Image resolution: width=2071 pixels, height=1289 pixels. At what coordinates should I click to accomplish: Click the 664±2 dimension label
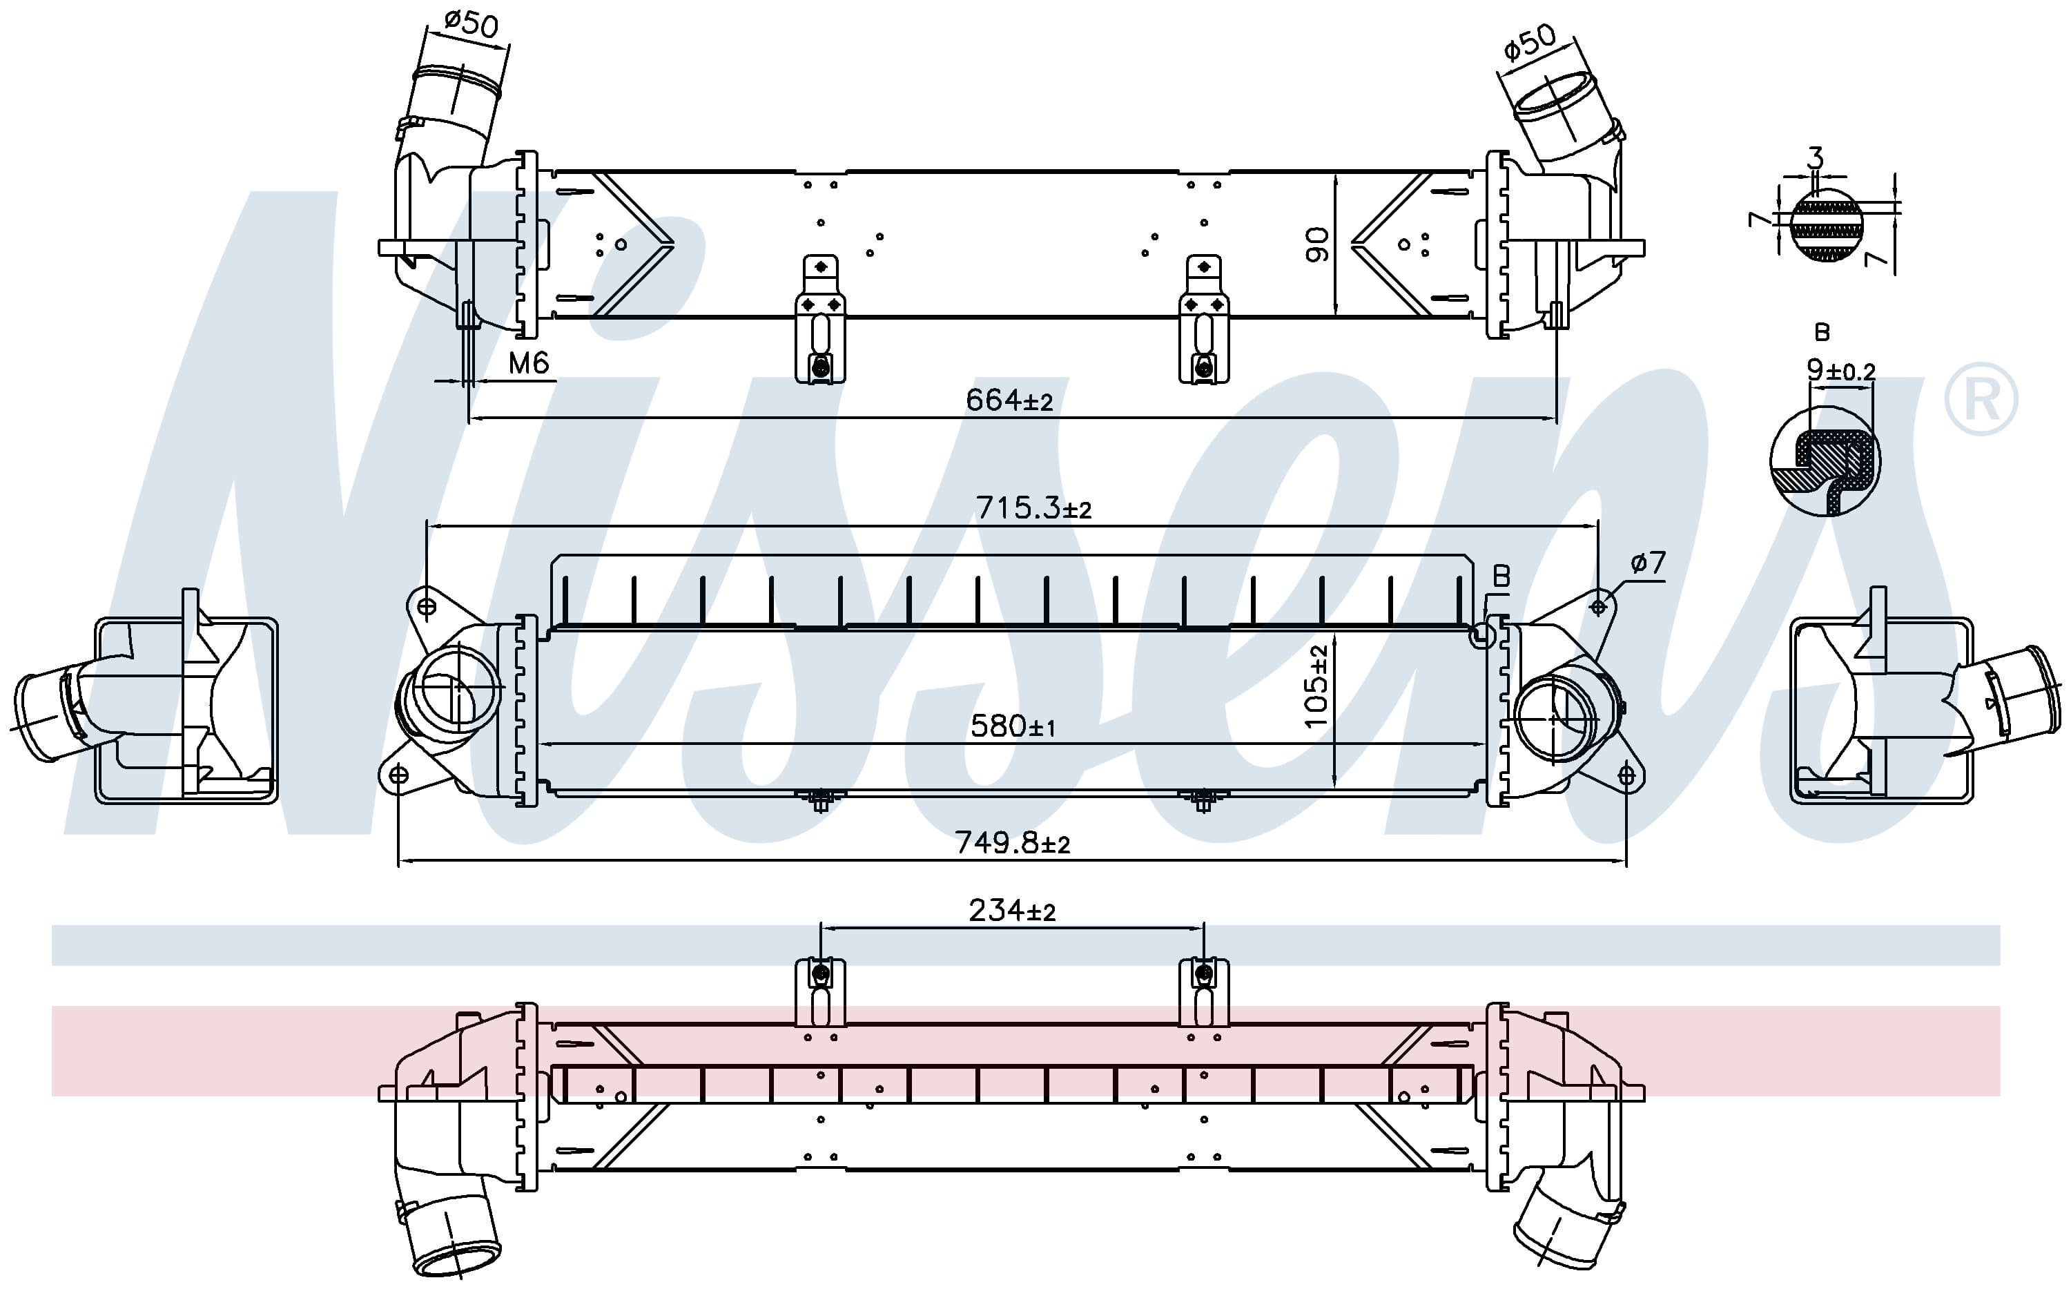tap(1009, 400)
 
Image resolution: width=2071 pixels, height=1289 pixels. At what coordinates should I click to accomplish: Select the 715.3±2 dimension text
tap(1033, 508)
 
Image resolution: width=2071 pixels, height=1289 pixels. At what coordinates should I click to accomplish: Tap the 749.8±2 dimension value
tap(1011, 843)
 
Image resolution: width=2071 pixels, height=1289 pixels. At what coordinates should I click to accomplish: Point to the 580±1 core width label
tap(1013, 726)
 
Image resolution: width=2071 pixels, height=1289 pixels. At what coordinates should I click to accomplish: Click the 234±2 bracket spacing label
tap(1011, 911)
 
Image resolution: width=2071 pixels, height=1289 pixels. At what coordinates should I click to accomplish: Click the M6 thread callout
tap(528, 364)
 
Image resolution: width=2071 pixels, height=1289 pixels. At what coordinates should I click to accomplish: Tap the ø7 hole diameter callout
tap(1647, 563)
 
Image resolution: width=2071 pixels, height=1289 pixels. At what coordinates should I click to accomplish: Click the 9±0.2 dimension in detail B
tap(1841, 370)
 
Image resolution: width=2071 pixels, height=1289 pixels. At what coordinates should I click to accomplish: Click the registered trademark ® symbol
tap(1981, 399)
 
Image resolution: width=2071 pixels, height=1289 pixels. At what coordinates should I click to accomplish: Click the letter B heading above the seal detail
tap(1822, 331)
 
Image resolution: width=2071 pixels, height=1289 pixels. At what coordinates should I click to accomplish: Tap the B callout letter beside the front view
tap(1501, 577)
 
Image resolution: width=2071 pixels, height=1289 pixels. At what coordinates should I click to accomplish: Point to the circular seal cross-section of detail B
tap(1825, 461)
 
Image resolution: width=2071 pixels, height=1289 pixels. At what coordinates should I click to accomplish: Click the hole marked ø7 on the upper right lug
tap(1598, 607)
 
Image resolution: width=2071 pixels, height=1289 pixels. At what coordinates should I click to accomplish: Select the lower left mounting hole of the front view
tap(398, 774)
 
